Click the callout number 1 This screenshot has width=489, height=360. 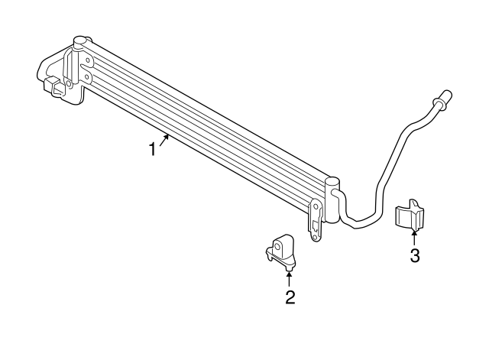click(x=152, y=149)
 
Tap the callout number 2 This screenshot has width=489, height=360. click(x=290, y=297)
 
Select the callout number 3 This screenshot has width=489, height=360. click(x=414, y=256)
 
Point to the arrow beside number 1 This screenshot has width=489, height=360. click(x=164, y=139)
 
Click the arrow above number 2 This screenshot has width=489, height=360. click(x=289, y=278)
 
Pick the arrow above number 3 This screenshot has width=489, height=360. click(x=414, y=238)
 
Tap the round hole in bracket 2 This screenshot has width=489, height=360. click(x=277, y=246)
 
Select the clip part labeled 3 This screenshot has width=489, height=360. click(x=410, y=216)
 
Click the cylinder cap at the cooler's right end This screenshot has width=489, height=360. click(x=332, y=182)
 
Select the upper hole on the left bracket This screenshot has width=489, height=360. click(x=88, y=60)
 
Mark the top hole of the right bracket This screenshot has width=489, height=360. click(x=316, y=206)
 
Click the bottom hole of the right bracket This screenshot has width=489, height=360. click(x=315, y=238)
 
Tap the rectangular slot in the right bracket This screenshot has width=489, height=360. click(x=315, y=225)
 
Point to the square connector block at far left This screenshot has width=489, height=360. click(x=53, y=86)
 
